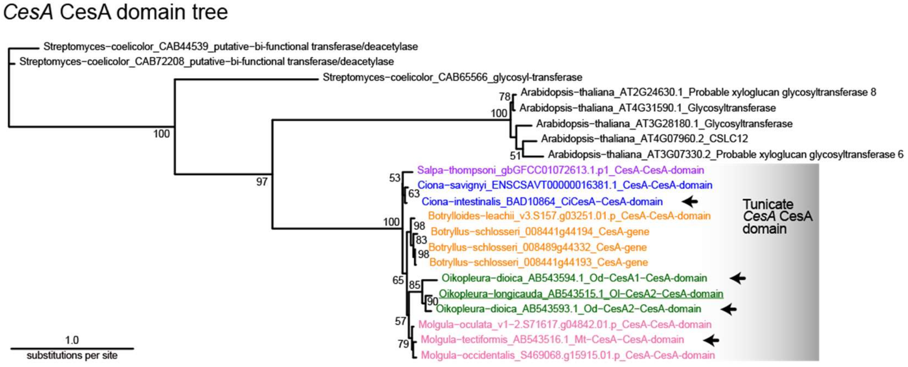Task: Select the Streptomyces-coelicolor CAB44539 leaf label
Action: point(230,47)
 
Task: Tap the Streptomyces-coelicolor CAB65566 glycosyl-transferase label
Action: point(452,77)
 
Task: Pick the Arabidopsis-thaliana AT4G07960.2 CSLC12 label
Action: point(644,139)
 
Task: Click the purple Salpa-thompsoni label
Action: point(560,170)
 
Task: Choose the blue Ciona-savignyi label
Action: point(565,185)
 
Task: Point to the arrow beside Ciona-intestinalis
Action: point(690,201)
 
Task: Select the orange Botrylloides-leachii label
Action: point(569,216)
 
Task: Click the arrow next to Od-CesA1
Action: point(738,278)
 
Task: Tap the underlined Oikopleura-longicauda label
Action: point(581,294)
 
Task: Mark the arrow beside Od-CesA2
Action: point(729,309)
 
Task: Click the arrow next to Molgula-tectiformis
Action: point(711,340)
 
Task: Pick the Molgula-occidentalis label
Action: point(568,355)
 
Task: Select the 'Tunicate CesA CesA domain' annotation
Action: point(777,216)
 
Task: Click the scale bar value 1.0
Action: point(72,340)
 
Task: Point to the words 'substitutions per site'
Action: point(72,355)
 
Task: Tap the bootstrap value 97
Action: point(262,182)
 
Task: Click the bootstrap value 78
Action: point(505,97)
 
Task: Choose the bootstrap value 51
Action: point(515,155)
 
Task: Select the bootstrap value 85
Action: point(415,285)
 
